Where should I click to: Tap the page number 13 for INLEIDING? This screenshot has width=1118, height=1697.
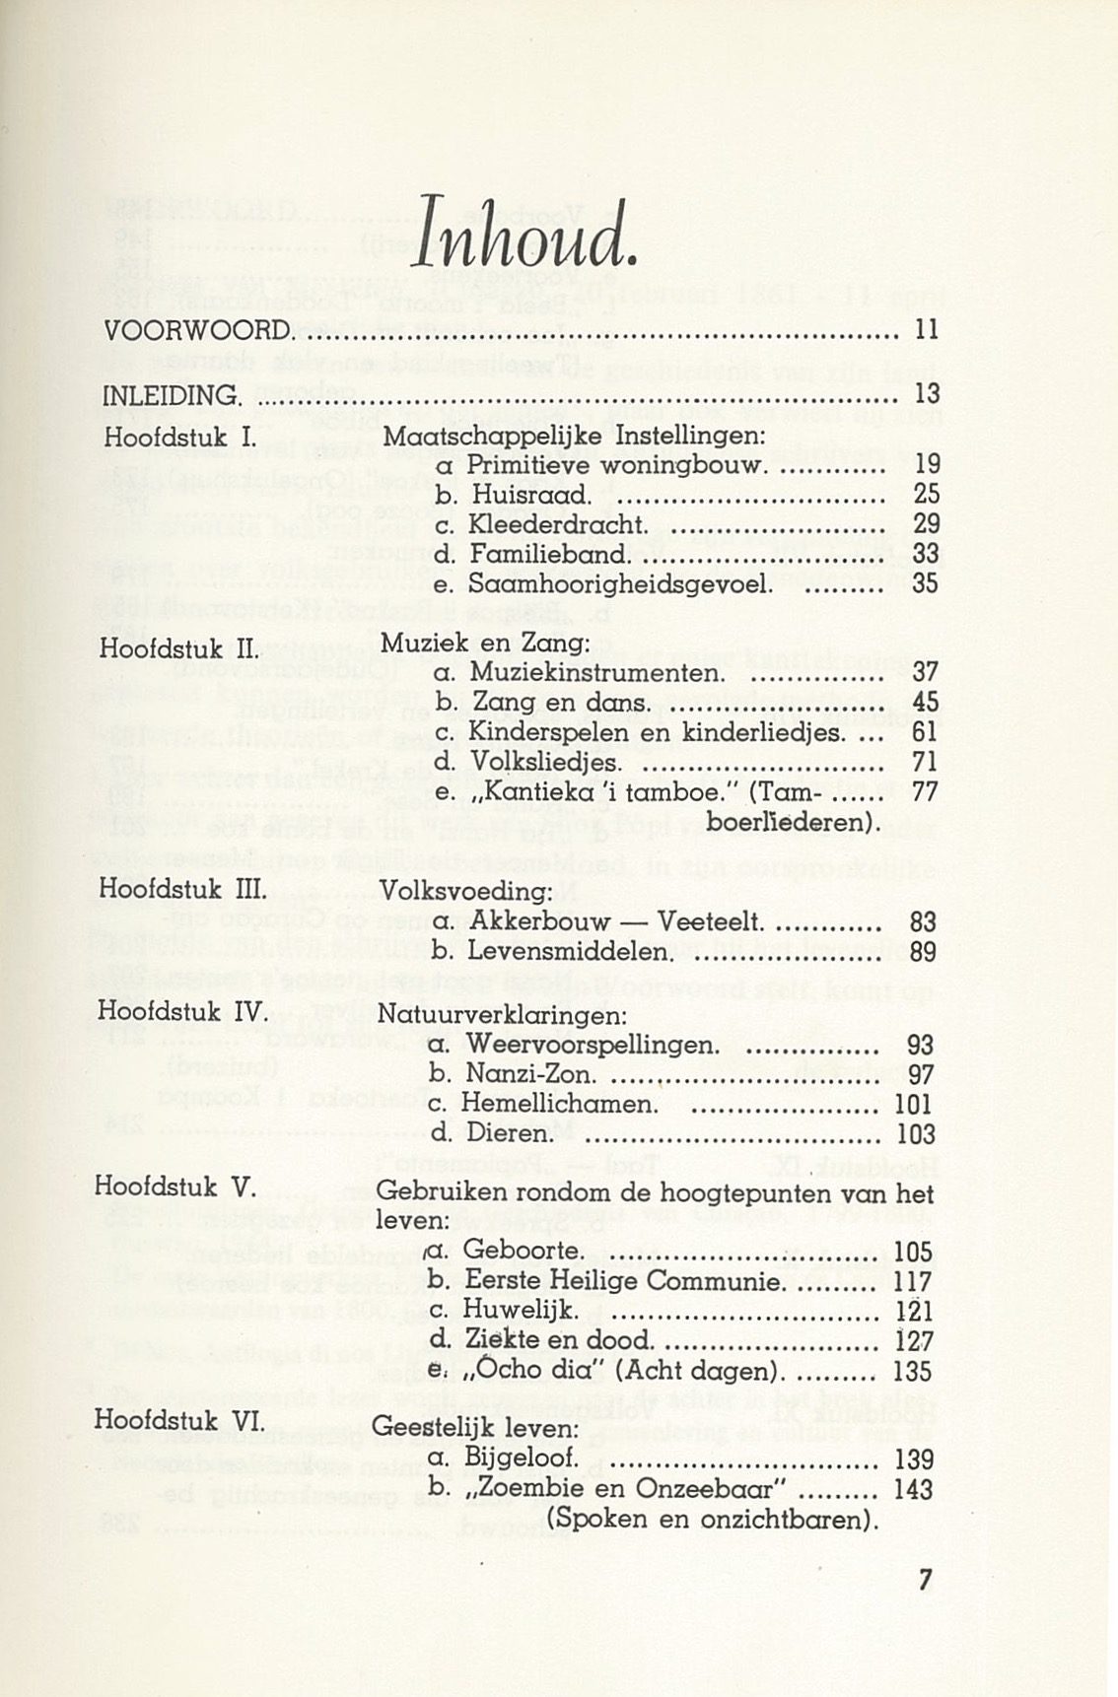click(926, 395)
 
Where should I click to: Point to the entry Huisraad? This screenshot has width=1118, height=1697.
click(529, 494)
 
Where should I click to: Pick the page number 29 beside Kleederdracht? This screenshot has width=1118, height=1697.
click(926, 523)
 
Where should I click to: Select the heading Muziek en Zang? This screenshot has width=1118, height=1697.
click(484, 644)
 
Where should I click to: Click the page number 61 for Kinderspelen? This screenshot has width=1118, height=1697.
click(926, 733)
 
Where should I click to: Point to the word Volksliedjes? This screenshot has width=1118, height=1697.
click(546, 763)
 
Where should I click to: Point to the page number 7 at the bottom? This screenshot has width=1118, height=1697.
click(924, 1581)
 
